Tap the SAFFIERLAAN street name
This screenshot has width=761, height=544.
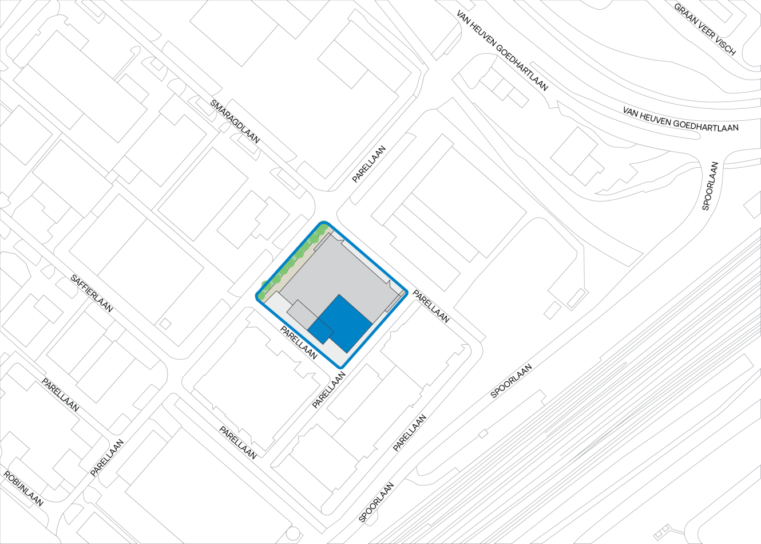pos(92,293)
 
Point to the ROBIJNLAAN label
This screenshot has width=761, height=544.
pos(23,488)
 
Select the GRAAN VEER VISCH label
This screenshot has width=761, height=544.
pos(704,29)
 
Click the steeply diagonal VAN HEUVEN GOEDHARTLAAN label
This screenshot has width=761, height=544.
pos(502,50)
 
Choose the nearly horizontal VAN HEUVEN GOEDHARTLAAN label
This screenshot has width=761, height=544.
pos(680,119)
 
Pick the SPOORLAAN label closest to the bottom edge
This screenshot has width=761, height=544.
pos(376,502)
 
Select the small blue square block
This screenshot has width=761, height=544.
pos(321,330)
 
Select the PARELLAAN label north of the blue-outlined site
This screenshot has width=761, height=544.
pos(369,164)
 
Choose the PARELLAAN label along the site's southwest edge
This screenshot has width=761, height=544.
pos(298,342)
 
